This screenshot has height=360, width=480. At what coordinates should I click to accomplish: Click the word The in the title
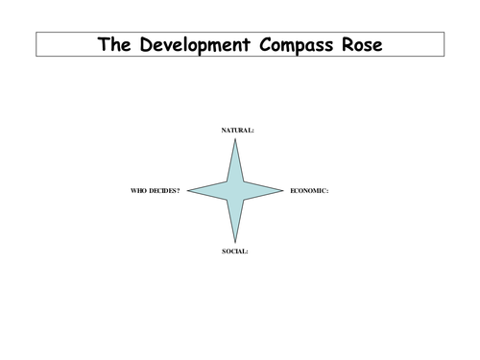[x=114, y=44]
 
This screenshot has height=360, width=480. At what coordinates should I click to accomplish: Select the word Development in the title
[x=195, y=45]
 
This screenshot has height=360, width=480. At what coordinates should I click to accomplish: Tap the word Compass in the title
[x=296, y=45]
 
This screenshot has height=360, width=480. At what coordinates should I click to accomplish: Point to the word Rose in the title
[x=362, y=44]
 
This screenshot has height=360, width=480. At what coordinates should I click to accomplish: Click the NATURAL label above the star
[x=236, y=131]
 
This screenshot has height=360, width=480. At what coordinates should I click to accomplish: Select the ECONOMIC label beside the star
[x=308, y=191]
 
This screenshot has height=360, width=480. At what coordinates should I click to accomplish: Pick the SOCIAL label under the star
[x=234, y=252]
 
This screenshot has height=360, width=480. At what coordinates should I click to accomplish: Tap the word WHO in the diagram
[x=138, y=191]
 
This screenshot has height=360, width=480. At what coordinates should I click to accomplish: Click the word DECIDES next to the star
[x=162, y=191]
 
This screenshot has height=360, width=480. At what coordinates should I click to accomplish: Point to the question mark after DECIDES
[x=179, y=191]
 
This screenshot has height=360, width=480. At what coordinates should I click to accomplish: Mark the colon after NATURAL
[x=252, y=132]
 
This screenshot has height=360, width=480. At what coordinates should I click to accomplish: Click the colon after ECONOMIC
[x=327, y=192]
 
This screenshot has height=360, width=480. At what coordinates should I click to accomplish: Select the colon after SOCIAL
[x=247, y=252]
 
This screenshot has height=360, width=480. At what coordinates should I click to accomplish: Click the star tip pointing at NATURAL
[x=235, y=138]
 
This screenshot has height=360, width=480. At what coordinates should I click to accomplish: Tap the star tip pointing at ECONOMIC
[x=283, y=191]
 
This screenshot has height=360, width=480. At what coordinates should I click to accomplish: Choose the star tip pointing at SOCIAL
[x=235, y=243]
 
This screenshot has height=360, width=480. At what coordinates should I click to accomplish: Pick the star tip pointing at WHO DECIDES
[x=187, y=191]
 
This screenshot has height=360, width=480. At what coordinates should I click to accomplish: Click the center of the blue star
[x=235, y=191]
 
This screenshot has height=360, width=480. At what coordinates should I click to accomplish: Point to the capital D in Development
[x=146, y=44]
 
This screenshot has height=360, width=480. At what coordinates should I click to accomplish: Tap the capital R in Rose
[x=348, y=44]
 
